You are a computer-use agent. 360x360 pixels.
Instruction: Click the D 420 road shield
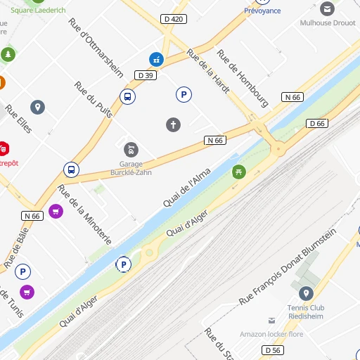[174, 19]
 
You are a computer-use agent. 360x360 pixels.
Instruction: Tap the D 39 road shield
[146, 75]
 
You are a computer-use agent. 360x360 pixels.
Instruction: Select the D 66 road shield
[317, 124]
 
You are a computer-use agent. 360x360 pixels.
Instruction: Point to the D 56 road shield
[272, 350]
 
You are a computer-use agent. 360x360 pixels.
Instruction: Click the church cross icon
[173, 124]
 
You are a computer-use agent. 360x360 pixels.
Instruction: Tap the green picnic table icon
[240, 171]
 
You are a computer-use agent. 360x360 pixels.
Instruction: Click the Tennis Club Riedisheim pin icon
[306, 293]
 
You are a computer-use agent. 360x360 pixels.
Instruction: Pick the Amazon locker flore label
[271, 334]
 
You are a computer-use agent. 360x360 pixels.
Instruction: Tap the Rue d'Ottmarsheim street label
[96, 47]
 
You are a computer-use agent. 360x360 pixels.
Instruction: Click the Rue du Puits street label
[93, 101]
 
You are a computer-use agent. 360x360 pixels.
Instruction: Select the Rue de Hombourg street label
[243, 78]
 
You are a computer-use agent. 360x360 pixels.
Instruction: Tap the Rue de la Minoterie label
[84, 214]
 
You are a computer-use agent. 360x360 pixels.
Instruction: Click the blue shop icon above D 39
[155, 59]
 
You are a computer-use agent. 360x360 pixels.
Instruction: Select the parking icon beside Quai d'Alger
[124, 264]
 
